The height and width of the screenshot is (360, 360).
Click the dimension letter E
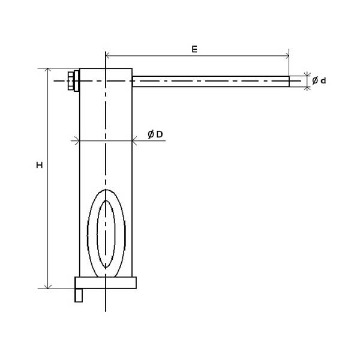pyautogui.click(x=194, y=49)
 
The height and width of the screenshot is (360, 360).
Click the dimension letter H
pyautogui.click(x=40, y=165)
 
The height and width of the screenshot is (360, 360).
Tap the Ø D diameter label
pyautogui.click(x=155, y=134)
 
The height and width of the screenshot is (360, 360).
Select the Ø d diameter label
pyautogui.click(x=319, y=80)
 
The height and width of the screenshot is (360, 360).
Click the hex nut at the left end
pyautogui.click(x=71, y=81)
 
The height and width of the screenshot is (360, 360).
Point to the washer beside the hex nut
pyautogui.click(x=76, y=81)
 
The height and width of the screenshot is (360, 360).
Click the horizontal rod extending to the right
pyautogui.click(x=211, y=81)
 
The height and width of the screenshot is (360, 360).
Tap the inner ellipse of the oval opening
pyautogui.click(x=97, y=234)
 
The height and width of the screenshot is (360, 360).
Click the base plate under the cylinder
pyautogui.click(x=106, y=283)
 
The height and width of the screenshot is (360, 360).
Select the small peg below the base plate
pyautogui.click(x=79, y=295)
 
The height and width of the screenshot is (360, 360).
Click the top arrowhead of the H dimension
pyautogui.click(x=48, y=70)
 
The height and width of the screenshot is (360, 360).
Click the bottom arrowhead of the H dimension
pyautogui.click(x=48, y=287)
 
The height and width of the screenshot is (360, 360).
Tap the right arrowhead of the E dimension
pyautogui.click(x=287, y=56)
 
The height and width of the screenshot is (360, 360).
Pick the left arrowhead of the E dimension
pyautogui.click(x=107, y=56)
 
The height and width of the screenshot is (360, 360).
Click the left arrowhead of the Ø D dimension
pyautogui.click(x=77, y=140)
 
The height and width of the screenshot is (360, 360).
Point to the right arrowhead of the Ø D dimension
pyautogui.click(x=134, y=140)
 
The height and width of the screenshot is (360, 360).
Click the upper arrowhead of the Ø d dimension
pyautogui.click(x=307, y=74)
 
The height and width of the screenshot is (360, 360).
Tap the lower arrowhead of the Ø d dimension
pyautogui.click(x=307, y=88)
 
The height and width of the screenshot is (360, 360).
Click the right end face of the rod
pyautogui.click(x=289, y=81)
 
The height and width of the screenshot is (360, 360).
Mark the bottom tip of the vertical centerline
pyautogui.click(x=106, y=311)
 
